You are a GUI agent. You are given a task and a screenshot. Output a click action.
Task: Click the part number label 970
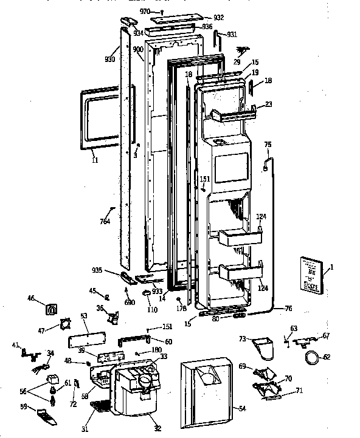point(144,11)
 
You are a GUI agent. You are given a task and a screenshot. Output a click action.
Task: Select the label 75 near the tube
point(268,145)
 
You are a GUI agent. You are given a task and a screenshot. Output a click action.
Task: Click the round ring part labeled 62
point(312,358)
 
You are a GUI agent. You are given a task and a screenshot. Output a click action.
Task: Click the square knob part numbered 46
point(52,309)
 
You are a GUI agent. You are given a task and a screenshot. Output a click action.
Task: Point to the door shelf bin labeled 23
point(231,113)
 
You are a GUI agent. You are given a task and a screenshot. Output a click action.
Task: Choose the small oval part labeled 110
point(148,293)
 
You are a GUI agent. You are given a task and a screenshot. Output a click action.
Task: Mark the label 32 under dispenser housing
point(157,429)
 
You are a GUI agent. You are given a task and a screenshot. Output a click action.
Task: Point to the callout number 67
point(326,335)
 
